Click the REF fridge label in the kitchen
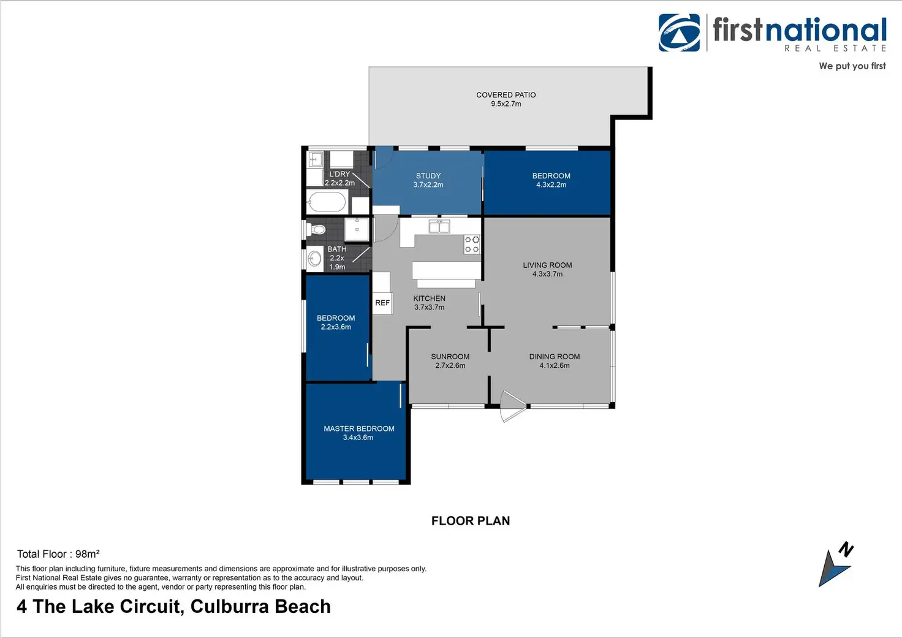click(x=382, y=303)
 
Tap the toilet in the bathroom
click(x=317, y=230)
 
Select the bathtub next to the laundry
click(x=327, y=202)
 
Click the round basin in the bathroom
click(x=315, y=259)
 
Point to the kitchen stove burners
click(x=472, y=244)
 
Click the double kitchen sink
click(x=439, y=227)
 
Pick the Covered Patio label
click(x=506, y=95)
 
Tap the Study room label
click(x=428, y=176)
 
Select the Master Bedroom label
click(x=359, y=429)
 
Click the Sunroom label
click(x=450, y=357)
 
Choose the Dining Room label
click(x=555, y=357)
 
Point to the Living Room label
click(x=547, y=265)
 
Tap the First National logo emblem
click(x=679, y=32)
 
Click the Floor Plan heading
click(x=471, y=521)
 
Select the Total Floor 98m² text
click(x=58, y=554)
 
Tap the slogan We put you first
click(x=852, y=66)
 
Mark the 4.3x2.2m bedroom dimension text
click(x=551, y=185)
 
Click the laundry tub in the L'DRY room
click(x=316, y=160)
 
